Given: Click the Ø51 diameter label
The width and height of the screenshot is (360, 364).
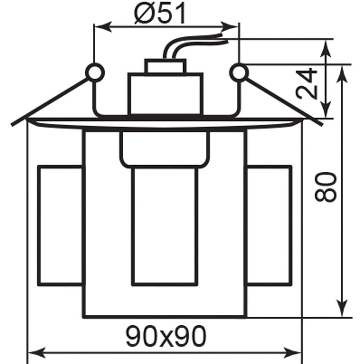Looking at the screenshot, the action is pos(160,13).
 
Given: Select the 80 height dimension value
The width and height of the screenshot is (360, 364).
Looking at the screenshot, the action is pos(325,187).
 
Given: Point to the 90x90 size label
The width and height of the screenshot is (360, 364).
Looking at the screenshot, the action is pos(166,336).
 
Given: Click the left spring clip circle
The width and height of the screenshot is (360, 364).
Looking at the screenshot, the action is pos(95,73).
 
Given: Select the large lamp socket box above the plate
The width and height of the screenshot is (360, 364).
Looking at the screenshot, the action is pos(165,94).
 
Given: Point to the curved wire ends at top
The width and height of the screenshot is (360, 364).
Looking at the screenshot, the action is pos(195,45).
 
